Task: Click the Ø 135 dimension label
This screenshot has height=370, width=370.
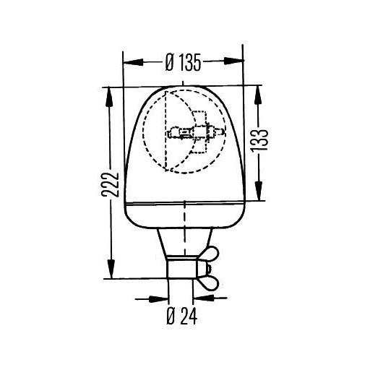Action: [183, 62]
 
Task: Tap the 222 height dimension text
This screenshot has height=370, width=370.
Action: [110, 184]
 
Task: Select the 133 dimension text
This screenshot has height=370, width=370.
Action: [259, 140]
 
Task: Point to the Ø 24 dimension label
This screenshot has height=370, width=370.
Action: [182, 316]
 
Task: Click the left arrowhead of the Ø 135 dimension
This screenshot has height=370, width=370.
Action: [133, 62]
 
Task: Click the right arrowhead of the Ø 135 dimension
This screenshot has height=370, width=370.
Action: [233, 61]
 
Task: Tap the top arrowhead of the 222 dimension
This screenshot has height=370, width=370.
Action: [109, 97]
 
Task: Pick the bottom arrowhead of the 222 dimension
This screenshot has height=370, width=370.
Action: [111, 269]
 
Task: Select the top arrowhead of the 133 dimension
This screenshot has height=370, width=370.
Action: [258, 95]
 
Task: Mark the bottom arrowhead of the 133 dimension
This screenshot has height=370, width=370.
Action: [259, 191]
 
